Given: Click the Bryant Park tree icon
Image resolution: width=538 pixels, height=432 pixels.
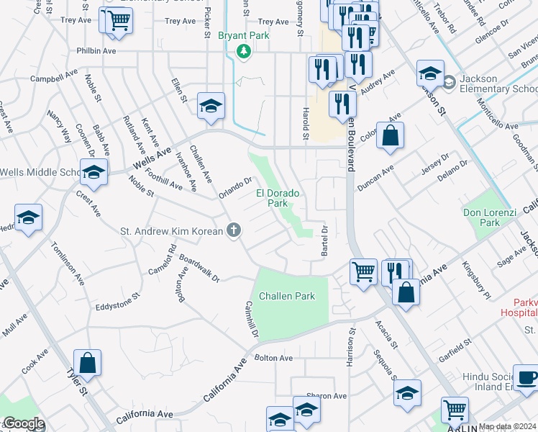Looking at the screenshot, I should pyautogui.click(x=244, y=51).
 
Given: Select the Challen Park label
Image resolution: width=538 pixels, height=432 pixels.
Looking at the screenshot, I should pyautogui.click(x=287, y=296).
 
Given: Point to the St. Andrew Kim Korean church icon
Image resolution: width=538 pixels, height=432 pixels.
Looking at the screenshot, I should pyautogui.click(x=233, y=230).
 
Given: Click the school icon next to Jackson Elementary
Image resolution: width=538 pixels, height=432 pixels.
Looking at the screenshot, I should pyautogui.click(x=430, y=73).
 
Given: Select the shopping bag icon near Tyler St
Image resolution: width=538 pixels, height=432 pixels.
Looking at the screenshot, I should pyautogui.click(x=87, y=364).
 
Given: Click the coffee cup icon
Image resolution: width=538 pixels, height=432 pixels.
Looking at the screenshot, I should pyautogui.click(x=527, y=377).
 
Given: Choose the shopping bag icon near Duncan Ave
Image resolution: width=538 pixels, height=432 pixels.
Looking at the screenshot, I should pyautogui.click(x=389, y=136).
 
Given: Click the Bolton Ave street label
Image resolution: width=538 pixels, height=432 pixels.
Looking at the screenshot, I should pyautogui.click(x=274, y=358).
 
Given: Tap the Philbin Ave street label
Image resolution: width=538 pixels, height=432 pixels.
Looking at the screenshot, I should pyautogui.click(x=96, y=51).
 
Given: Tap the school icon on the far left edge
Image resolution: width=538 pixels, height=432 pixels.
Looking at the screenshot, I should pyautogui.click(x=28, y=219).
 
